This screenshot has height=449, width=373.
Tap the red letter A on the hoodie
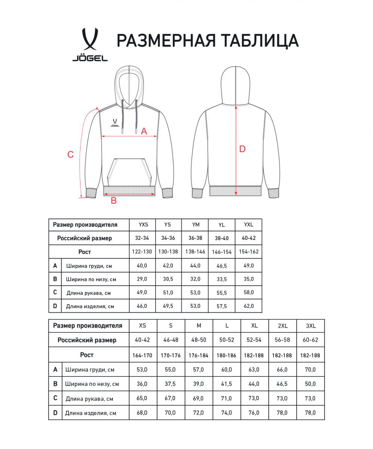pos(144,131)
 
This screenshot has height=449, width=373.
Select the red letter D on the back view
pos(242,149)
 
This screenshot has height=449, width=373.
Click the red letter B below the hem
pos(114,201)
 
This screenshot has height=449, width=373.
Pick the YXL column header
pos(248,225)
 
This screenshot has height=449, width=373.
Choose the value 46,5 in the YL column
pos(222,266)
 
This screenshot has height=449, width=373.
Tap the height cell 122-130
pos(142,252)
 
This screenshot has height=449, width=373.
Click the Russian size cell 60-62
pos(311,340)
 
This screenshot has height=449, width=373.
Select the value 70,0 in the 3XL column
pos(311,370)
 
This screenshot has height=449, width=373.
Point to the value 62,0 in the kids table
pos(248,306)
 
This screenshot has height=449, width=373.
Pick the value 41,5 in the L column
pos(227,384)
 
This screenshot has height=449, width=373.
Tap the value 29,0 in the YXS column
pos(142,279)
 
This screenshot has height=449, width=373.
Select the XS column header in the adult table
pos(143,326)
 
